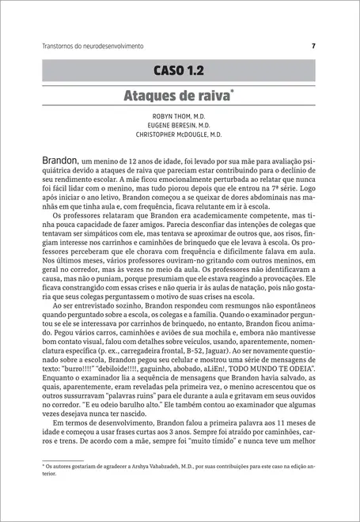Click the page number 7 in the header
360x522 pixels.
tap(313, 46)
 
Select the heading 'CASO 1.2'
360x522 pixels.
tap(179, 70)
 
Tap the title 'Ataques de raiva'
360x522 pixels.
tap(176, 96)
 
